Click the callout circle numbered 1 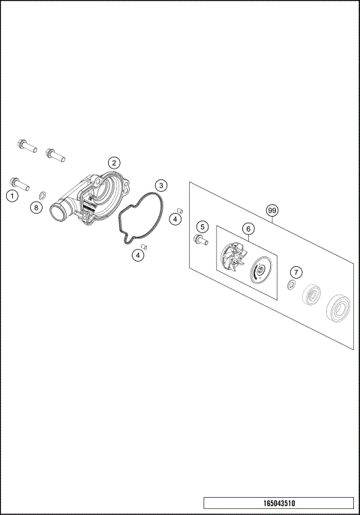pos(12,196)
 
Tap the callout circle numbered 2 pos(114,162)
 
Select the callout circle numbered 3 pos(161,185)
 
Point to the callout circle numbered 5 pos(202,226)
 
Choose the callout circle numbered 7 pos(296,271)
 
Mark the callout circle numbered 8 pos(36,207)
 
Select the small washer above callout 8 pos(43,195)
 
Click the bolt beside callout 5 pos(200,240)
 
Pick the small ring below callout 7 pos(290,286)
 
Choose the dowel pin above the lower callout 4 pos(144,246)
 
